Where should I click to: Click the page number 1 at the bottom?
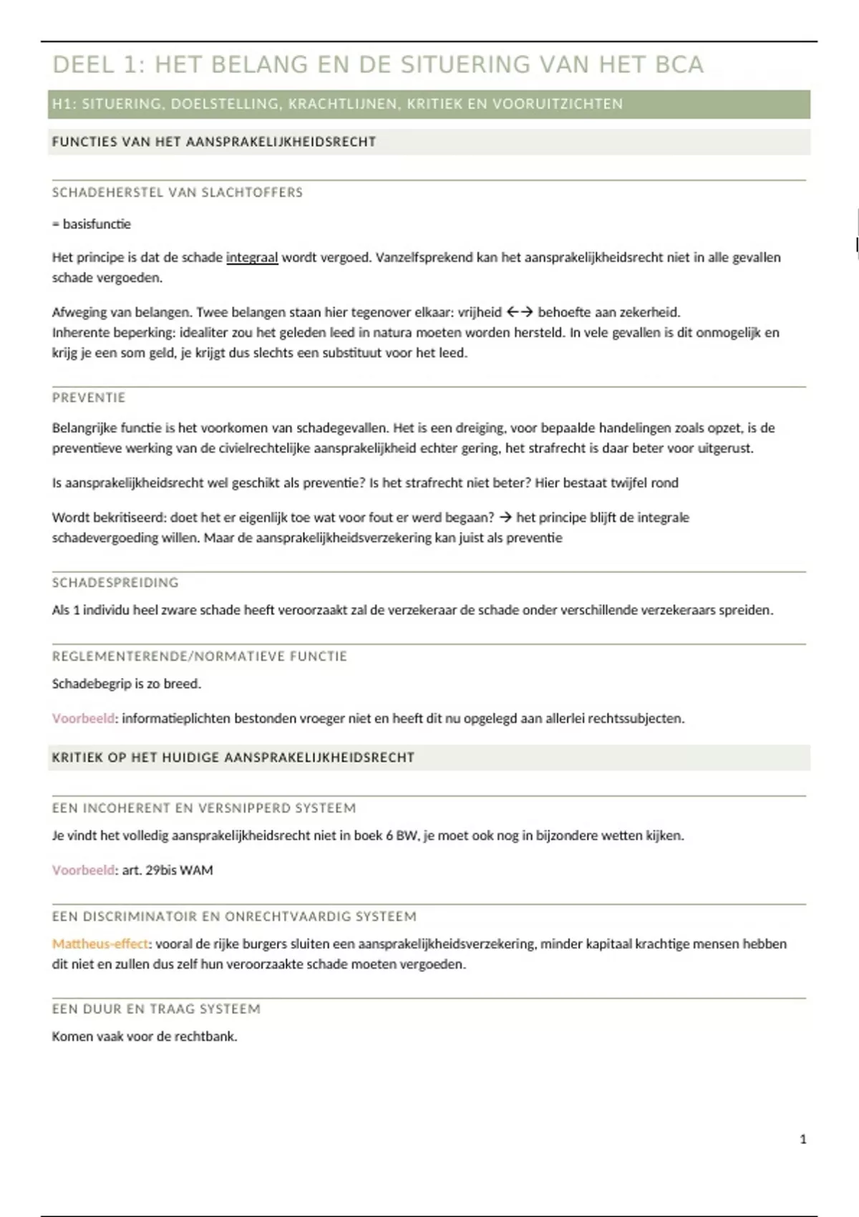coord(802,1139)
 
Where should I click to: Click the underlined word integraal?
coord(252,258)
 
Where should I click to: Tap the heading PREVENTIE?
coord(89,397)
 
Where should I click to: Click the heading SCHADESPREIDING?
coord(115,583)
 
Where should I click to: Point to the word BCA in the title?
coord(679,65)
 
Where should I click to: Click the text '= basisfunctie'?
coord(92,224)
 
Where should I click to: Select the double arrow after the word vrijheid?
coord(520,312)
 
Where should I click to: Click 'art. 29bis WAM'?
coord(168,871)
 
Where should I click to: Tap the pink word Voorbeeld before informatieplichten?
coord(83,718)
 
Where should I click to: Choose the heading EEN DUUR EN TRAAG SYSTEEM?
coord(156,1009)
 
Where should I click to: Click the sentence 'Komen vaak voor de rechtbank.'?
coord(145,1037)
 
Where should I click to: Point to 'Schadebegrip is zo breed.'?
coord(127,684)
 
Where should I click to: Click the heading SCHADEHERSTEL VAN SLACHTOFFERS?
coord(178,193)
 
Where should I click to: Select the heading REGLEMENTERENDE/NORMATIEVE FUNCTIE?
coord(200,656)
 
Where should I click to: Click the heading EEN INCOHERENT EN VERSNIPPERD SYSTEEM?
coord(204,808)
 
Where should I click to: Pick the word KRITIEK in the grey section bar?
coord(77,757)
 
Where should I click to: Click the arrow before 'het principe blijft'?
coord(505,518)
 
